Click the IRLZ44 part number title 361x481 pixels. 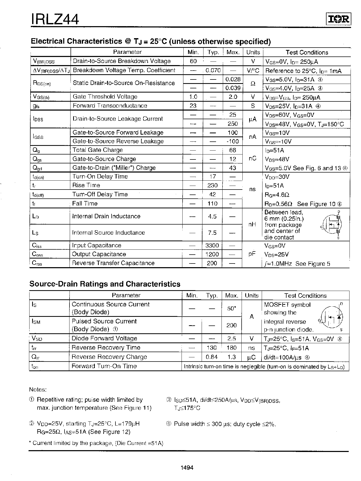pos(55,19)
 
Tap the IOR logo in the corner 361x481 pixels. pos(338,19)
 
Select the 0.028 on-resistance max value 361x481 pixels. pos(233,79)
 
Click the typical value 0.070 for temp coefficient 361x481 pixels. pos(213,70)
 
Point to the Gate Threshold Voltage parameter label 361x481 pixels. pos(105,97)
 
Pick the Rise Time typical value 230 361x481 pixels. pos(212,185)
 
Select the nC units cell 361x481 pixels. pos(252,159)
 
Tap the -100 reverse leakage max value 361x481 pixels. pos(232,141)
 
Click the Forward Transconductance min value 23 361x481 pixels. pos(193,106)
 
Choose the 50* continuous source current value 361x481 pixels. pos(231,308)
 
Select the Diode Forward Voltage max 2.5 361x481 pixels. pos(231,339)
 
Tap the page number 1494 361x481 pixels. pos(187,468)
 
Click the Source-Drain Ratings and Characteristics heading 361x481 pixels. pos(105,284)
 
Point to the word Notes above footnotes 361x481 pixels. pos(38,390)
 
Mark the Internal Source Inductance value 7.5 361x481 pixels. pos(212,233)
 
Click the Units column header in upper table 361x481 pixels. pos(253,52)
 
